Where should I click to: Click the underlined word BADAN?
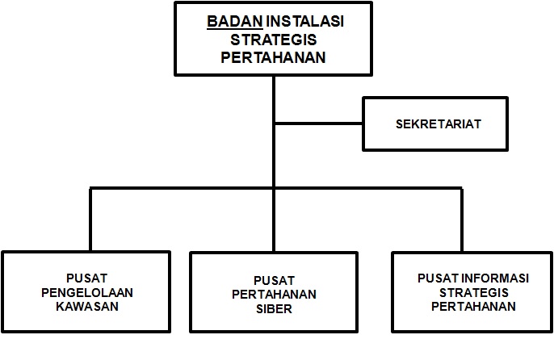click(x=234, y=21)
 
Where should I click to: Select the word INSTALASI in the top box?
click(x=305, y=21)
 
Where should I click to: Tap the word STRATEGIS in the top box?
click(x=274, y=40)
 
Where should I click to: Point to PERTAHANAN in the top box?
click(x=273, y=57)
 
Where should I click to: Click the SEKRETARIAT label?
click(x=439, y=124)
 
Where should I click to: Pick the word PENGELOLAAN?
click(x=87, y=292)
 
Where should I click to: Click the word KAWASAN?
click(x=87, y=307)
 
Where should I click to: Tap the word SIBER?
click(x=274, y=309)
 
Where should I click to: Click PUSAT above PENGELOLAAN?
click(x=86, y=278)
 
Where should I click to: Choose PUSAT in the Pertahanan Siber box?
click(x=274, y=281)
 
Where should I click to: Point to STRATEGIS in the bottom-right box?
click(x=473, y=292)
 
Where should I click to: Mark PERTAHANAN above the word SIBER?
click(x=274, y=295)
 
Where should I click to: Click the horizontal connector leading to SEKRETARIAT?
click(x=319, y=123)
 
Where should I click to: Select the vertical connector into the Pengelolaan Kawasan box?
click(x=90, y=220)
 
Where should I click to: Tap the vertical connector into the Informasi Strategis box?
click(x=461, y=220)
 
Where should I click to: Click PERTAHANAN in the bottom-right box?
click(x=473, y=307)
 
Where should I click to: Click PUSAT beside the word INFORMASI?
click(x=438, y=278)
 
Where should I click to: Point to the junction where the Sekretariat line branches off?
click(x=274, y=123)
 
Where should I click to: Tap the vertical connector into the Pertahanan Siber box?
click(x=274, y=220)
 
